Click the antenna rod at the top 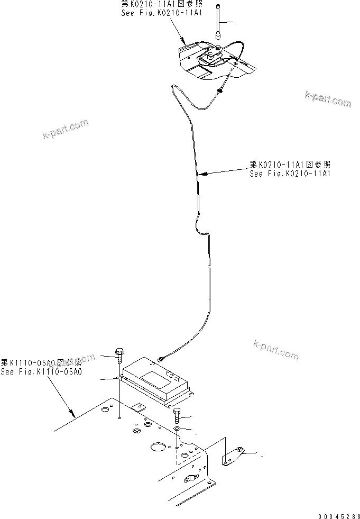point(219,21)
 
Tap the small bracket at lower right point(233,456)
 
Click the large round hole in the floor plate point(158,448)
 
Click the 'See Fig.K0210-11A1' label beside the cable point(290,172)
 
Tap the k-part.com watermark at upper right point(328,99)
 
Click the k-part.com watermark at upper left point(65,129)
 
